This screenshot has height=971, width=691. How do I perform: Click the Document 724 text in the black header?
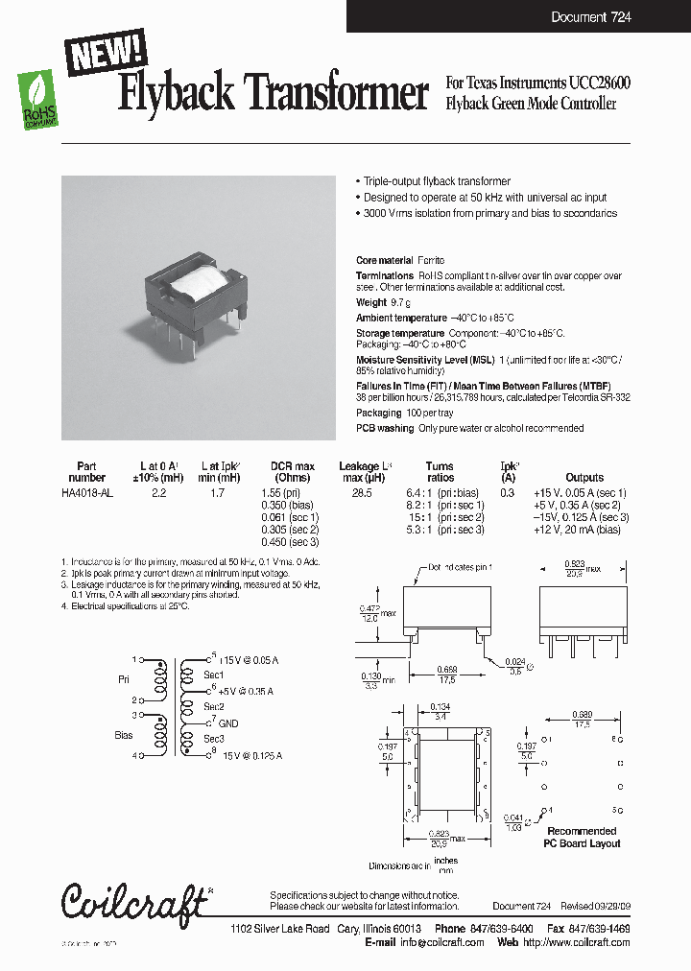pos(590,17)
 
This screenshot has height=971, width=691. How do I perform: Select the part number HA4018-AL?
pos(87,492)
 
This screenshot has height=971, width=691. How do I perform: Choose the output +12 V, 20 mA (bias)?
pos(584,530)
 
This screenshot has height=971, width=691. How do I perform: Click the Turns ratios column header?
pos(440,472)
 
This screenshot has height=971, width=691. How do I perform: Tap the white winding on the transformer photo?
pos(199,285)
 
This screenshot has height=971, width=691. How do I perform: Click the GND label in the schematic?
pos(228,723)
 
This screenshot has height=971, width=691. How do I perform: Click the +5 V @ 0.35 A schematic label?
pos(245,691)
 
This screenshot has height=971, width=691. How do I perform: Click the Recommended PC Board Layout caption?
pos(582,837)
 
